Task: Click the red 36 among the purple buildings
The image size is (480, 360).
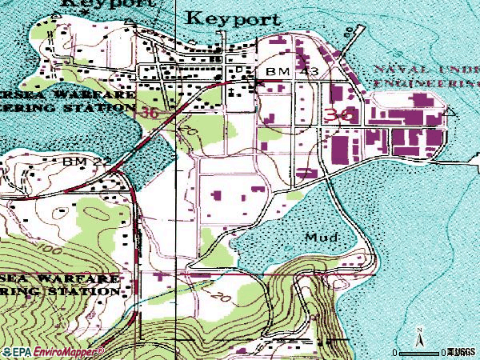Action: pyautogui.click(x=340, y=115)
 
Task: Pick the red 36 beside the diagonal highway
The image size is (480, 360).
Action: pyautogui.click(x=149, y=114)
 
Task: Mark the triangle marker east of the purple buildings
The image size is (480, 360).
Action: pyautogui.click(x=450, y=113)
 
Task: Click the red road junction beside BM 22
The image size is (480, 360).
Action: pyautogui.click(x=118, y=169)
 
